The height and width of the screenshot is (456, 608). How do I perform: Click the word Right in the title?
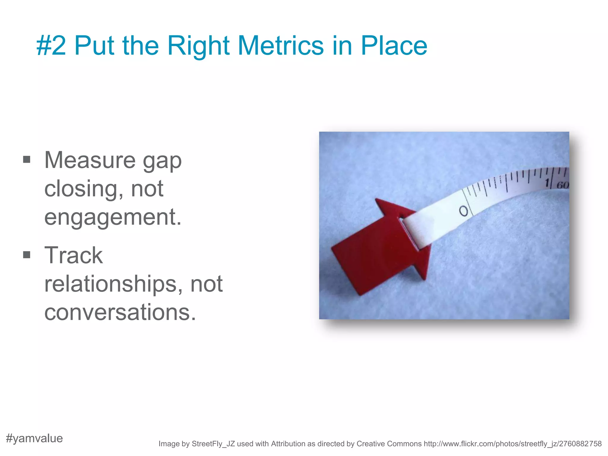click(x=198, y=46)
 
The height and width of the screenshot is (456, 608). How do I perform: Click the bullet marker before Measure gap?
click(x=27, y=160)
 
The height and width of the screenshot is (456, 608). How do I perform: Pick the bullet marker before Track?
click(x=27, y=255)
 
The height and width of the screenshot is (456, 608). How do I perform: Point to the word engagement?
click(x=113, y=218)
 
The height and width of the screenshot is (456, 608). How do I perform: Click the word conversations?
click(x=120, y=312)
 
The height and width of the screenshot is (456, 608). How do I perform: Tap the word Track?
click(x=73, y=255)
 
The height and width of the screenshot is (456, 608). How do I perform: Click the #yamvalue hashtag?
click(x=34, y=438)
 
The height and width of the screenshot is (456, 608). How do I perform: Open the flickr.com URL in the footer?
click(x=512, y=444)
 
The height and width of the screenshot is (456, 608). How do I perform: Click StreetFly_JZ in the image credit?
click(x=213, y=444)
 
